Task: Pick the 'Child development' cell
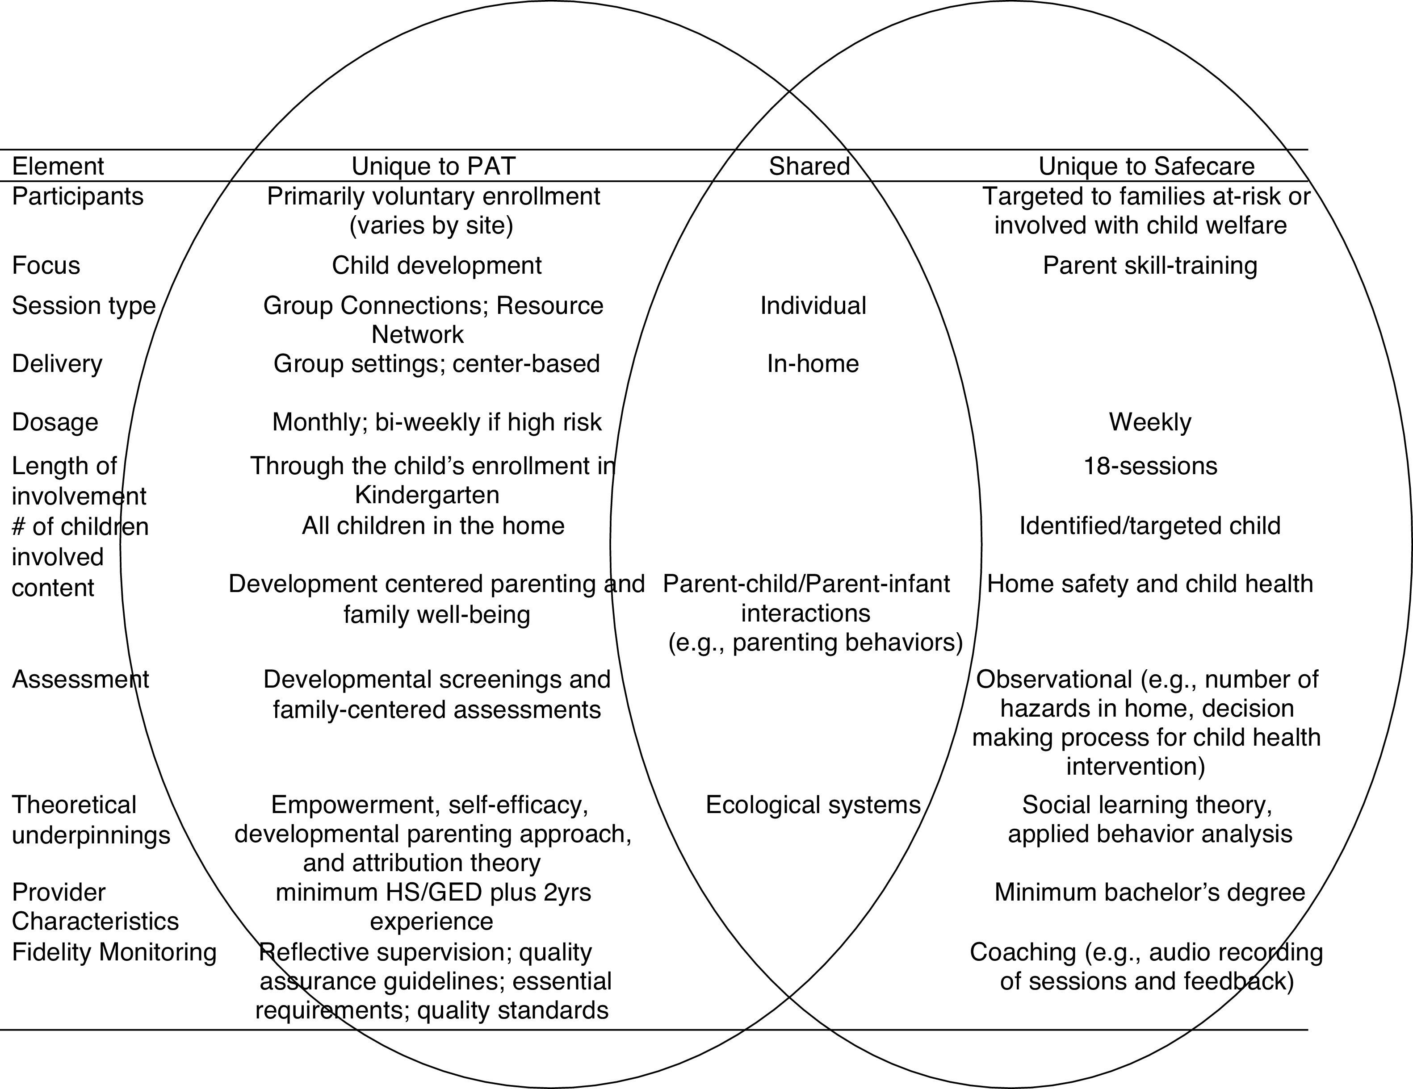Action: [437, 266]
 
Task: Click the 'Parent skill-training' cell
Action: [1150, 266]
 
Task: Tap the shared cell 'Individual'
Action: [813, 306]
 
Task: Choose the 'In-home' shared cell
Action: [813, 364]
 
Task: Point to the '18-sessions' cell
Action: [1150, 466]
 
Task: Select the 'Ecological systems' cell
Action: [813, 805]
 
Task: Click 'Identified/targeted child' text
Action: [1150, 526]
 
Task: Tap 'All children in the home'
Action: [433, 526]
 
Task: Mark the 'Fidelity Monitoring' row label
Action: [114, 952]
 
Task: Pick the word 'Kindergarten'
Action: [427, 495]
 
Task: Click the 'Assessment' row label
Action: [80, 680]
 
